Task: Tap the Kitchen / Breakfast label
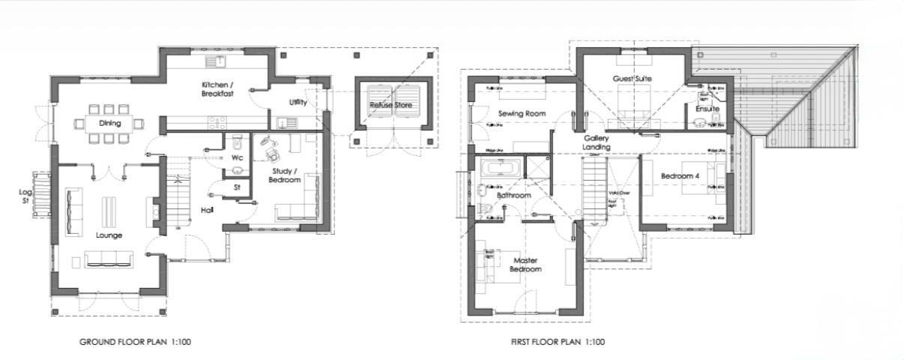218,88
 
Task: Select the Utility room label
298,102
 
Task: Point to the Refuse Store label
391,105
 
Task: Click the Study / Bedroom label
286,175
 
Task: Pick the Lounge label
109,235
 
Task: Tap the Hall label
208,210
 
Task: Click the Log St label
25,196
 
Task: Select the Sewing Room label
521,113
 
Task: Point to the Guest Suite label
631,79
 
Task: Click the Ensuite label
707,109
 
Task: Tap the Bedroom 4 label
679,176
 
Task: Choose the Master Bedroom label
525,265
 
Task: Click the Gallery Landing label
597,142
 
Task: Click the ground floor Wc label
237,158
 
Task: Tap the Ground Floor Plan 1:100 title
136,342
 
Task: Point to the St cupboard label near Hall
238,187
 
